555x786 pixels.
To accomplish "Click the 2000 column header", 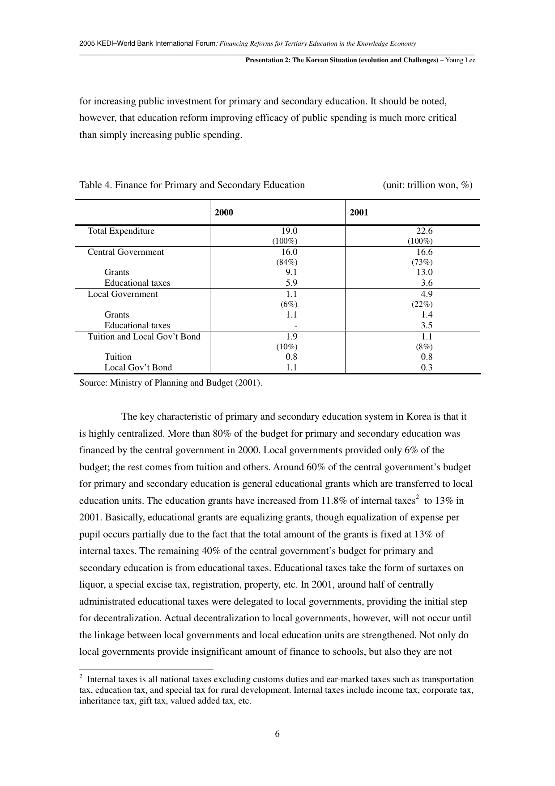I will (224, 212).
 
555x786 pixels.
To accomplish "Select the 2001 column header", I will (359, 212).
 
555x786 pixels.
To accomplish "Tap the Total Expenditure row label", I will (121, 231).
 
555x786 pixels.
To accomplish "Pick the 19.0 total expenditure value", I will (289, 231).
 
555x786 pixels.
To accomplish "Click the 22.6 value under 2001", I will (424, 231).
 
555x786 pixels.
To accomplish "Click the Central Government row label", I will (126, 252).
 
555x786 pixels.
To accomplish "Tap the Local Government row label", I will (123, 294).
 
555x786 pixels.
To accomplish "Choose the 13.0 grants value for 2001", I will (424, 272).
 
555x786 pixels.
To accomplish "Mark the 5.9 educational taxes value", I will (292, 283).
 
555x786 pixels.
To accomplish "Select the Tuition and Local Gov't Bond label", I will (144, 337).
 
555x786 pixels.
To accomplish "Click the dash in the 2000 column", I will (296, 326).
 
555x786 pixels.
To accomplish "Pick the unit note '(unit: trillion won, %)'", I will (427, 185).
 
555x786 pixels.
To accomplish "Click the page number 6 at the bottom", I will (277, 734).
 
